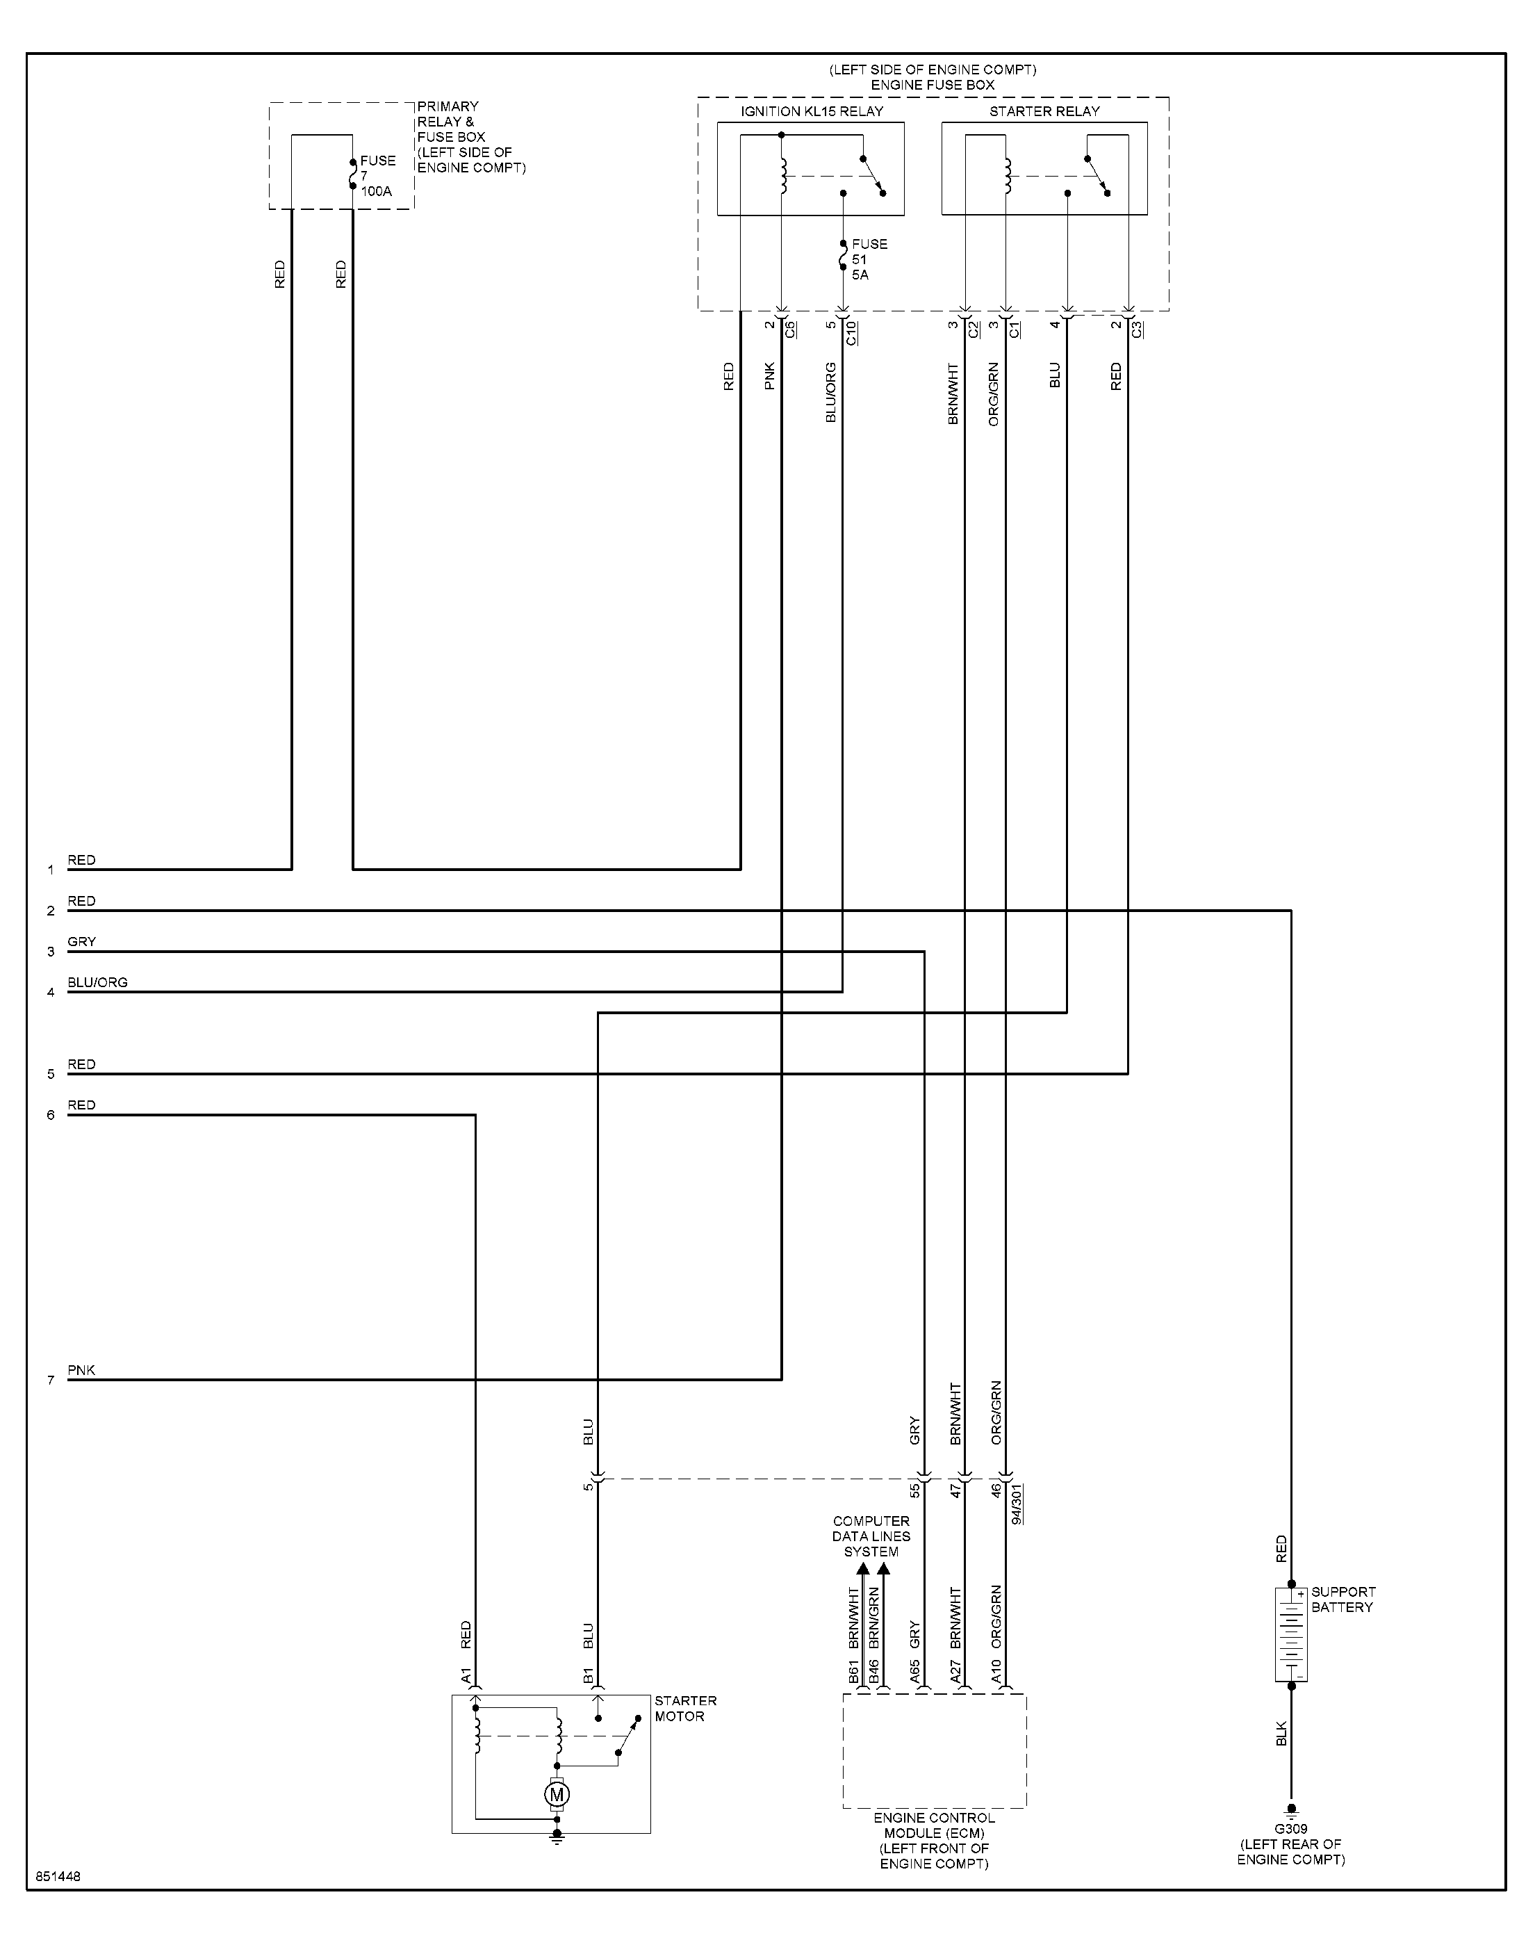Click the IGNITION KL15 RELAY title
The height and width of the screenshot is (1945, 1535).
812,111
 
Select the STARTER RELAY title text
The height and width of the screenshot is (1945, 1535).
1044,111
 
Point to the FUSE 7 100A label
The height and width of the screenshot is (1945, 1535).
377,175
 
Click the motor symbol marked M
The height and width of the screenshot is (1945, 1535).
557,1794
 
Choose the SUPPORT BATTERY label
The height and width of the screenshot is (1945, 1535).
1343,1599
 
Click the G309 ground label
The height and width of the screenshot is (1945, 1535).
1290,1828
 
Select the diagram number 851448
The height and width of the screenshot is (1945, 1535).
58,1877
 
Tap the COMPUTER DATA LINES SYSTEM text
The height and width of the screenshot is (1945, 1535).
871,1536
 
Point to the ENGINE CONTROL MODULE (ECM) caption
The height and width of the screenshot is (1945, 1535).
934,1840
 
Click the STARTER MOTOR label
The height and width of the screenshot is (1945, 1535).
685,1708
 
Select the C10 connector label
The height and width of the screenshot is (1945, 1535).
851,332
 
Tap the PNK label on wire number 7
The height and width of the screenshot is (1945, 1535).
81,1369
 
